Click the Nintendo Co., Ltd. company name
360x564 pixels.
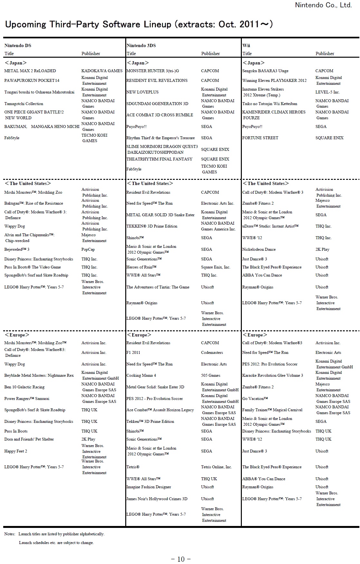[323, 5]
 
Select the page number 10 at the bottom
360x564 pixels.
[181, 559]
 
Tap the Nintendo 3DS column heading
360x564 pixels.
[141, 45]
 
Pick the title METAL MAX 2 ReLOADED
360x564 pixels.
[30, 71]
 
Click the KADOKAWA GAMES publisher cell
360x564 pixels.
[102, 71]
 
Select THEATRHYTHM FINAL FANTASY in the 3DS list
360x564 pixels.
[159, 159]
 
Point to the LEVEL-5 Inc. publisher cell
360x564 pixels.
[327, 92]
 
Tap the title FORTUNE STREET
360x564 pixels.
[260, 138]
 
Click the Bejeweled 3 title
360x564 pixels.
[17, 249]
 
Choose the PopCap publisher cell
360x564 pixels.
[88, 249]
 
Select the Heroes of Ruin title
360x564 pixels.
[141, 267]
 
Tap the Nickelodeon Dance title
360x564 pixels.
[259, 249]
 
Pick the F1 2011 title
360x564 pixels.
[133, 353]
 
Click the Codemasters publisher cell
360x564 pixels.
[212, 353]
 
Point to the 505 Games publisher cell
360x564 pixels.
[211, 375]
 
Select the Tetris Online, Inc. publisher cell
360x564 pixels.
[216, 467]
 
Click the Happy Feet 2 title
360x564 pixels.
[16, 451]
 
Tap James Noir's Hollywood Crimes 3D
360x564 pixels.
[157, 499]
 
